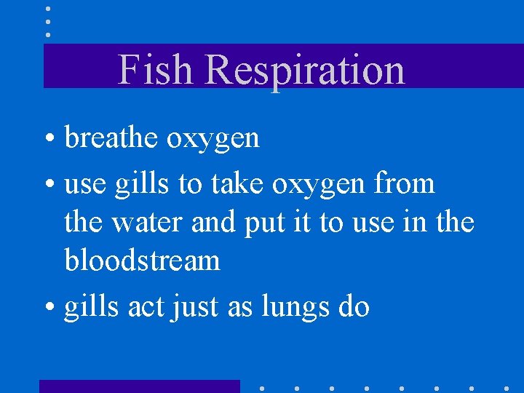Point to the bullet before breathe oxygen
coord(54,139)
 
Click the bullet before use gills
coord(54,185)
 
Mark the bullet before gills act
coord(54,308)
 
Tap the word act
coord(146,307)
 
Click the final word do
coord(354,306)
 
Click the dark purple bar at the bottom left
coord(139,386)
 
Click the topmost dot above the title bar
coord(48,9)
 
